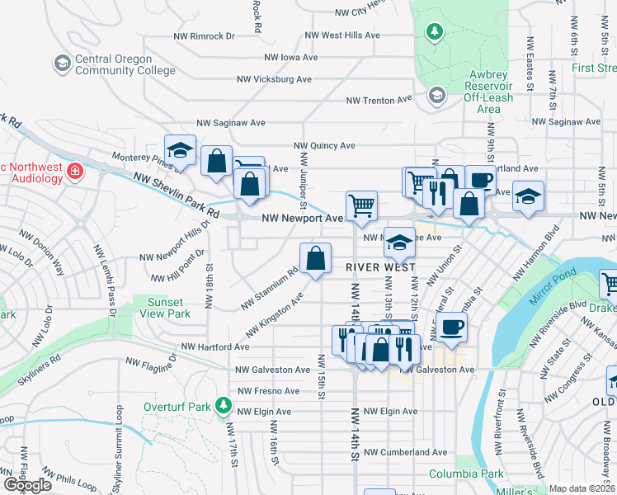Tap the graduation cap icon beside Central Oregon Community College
point(62,64)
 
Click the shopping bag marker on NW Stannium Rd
point(315,259)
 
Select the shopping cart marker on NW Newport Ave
point(362,206)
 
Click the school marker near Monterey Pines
point(179,150)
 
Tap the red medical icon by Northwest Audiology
point(75,172)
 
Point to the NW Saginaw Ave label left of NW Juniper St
point(239,122)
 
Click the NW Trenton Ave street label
point(379,100)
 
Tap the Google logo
point(28,485)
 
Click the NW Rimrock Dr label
point(205,36)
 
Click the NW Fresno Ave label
point(268,390)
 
